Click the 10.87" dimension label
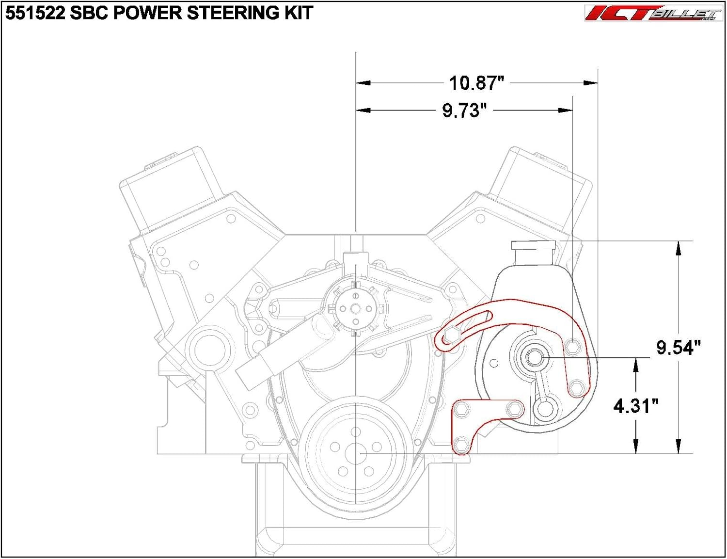pos(476,83)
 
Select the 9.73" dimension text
pos(464,111)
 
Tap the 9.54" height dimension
pos(678,348)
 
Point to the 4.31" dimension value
pos(636,406)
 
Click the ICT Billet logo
pos(653,13)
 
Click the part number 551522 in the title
pos(35,13)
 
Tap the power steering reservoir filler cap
pos(534,245)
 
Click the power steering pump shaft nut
pos(534,357)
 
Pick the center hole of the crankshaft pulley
pos(356,454)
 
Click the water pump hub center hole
pos(356,309)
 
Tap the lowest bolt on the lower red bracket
pos(461,444)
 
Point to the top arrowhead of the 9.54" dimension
pos(678,248)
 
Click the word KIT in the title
pos(299,13)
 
